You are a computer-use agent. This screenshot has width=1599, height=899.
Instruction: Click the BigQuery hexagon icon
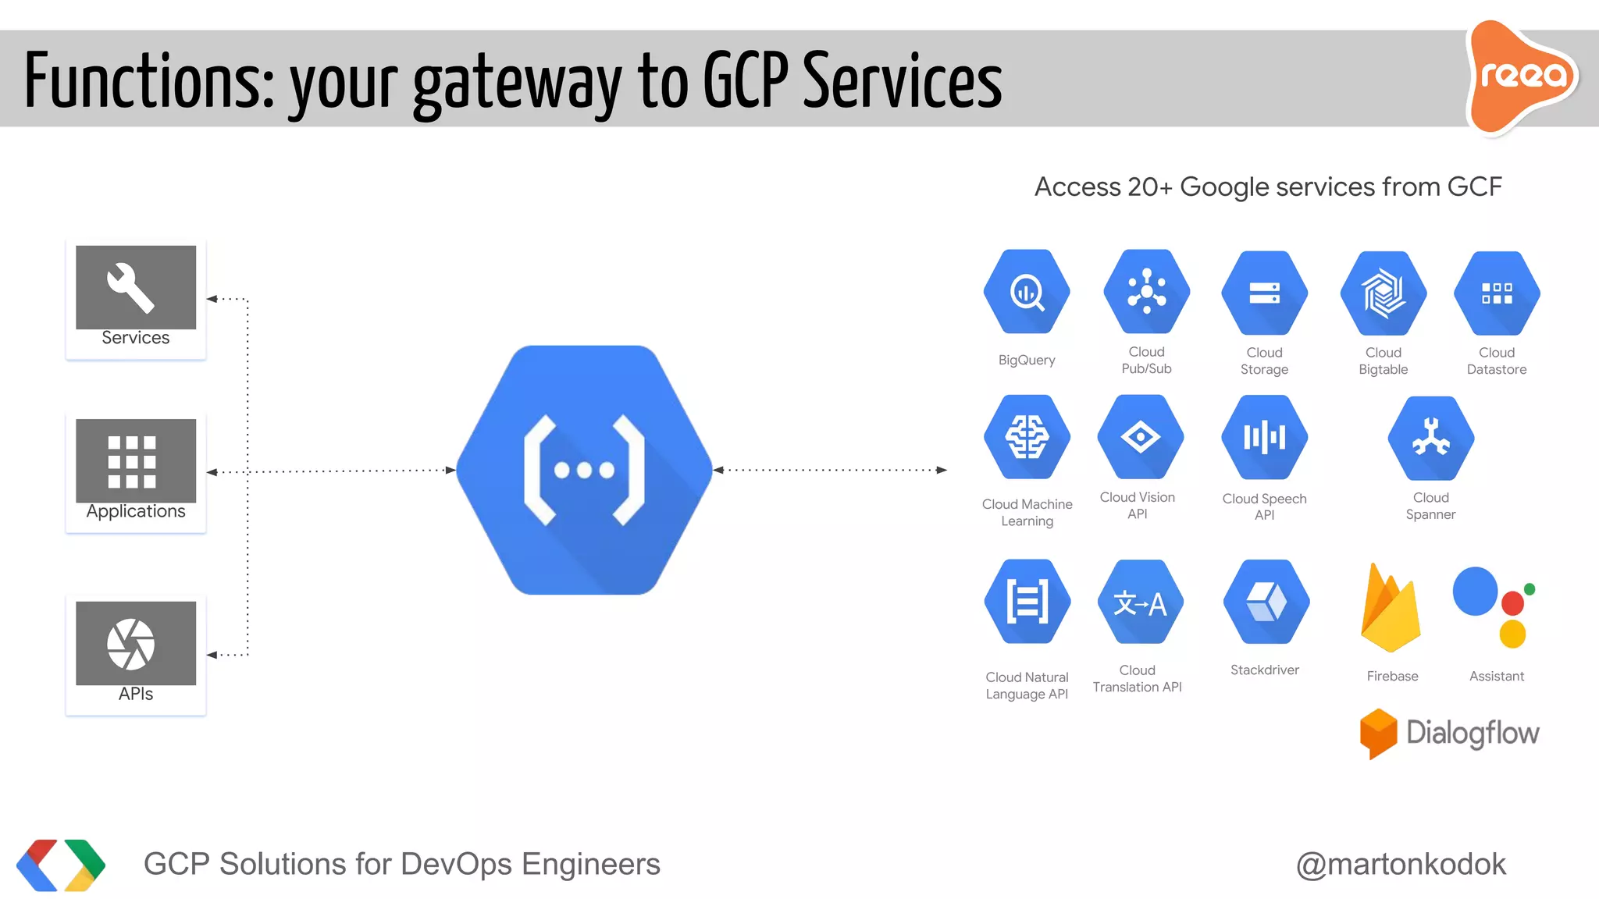pos(1027,293)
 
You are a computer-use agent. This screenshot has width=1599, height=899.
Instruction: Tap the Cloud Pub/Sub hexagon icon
pos(1146,292)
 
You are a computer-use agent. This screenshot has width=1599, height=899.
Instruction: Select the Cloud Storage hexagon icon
pos(1265,293)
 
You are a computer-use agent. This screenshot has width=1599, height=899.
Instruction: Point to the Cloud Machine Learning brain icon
pos(1027,437)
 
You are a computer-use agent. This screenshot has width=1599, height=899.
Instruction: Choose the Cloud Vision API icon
pos(1140,437)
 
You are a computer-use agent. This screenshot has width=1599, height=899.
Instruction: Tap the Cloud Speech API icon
pos(1265,437)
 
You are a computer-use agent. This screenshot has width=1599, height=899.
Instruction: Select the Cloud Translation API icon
pos(1140,602)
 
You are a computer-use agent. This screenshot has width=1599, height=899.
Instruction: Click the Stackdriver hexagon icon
pos(1266,602)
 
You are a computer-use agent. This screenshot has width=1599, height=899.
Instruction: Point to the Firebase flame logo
pos(1391,609)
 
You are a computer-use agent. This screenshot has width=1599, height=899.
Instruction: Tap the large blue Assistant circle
pos(1475,592)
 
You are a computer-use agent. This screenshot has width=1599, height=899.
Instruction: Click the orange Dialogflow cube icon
pos(1378,733)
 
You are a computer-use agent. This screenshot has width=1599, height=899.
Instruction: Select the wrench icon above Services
pos(131,287)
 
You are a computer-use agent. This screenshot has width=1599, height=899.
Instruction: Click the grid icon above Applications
pos(132,461)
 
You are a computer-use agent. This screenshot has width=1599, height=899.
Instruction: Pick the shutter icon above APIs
pos(131,644)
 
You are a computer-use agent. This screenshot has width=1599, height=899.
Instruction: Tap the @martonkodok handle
pos(1401,864)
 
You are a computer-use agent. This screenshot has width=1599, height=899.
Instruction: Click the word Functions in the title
pos(148,81)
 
